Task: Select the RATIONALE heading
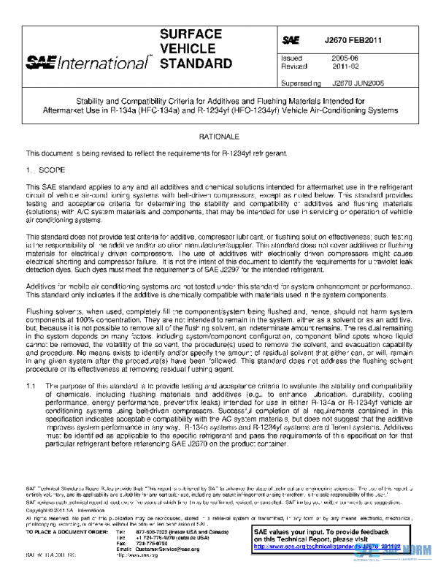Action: click(x=220, y=137)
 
